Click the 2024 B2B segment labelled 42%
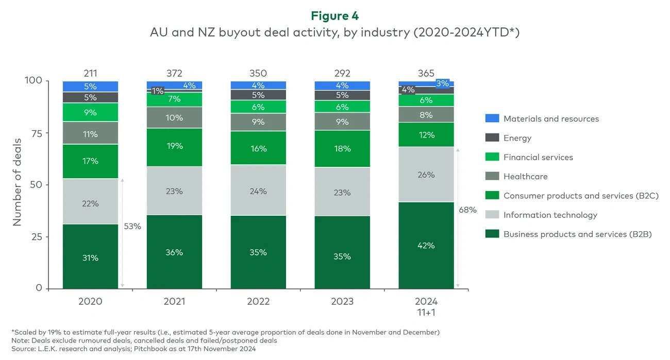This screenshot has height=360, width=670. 426,245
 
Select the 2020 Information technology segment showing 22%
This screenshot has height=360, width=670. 90,203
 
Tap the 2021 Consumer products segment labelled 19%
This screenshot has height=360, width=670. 174,146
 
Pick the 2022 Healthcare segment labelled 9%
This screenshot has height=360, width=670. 258,122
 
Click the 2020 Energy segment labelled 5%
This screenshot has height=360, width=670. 90,97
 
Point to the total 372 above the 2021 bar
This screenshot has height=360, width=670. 174,73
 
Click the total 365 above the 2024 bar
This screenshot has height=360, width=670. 426,73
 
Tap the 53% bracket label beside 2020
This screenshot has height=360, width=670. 132,226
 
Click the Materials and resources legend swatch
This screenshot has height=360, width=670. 492,118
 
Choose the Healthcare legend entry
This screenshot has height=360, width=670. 525,176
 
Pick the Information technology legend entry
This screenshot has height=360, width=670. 550,215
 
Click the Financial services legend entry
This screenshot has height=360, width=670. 538,157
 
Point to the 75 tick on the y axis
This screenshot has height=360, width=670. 37,133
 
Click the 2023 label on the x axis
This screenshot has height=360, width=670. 342,301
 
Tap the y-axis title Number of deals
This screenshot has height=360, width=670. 17,181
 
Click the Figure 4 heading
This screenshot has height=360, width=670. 334,16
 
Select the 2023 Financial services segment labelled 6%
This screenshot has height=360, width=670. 342,107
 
